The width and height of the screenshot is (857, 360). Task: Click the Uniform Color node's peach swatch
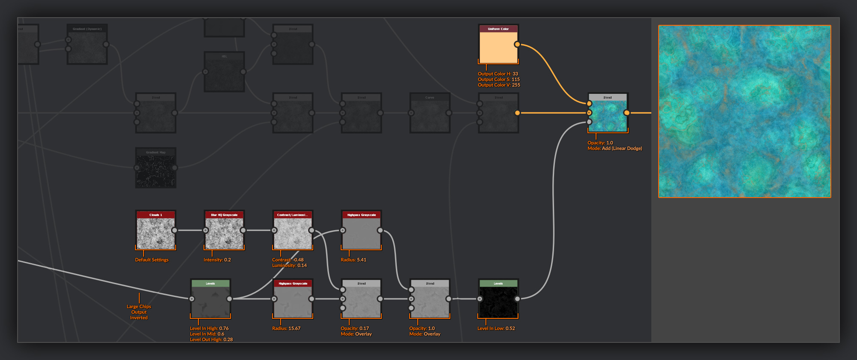[x=498, y=47]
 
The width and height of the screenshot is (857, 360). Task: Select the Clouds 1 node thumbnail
[x=156, y=233]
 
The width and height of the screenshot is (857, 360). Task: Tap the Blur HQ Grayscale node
[x=224, y=233]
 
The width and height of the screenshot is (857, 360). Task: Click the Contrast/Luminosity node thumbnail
[x=293, y=233]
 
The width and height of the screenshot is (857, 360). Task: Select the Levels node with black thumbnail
[x=498, y=302]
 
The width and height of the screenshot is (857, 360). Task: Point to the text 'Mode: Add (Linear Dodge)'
[x=614, y=149]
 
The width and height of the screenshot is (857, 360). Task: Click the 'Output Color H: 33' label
[x=497, y=74]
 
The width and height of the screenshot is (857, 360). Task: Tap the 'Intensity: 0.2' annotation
[x=217, y=260]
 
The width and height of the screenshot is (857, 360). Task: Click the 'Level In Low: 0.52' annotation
[x=496, y=328]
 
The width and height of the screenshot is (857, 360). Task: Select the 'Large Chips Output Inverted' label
[x=139, y=312]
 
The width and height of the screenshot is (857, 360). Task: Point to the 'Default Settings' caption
[x=152, y=260]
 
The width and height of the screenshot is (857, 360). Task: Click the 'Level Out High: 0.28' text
[x=211, y=339]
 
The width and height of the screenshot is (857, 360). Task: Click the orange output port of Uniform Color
[x=517, y=45]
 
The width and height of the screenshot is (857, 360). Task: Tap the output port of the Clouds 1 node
[x=174, y=231]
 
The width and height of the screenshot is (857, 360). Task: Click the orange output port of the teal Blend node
[x=626, y=113]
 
